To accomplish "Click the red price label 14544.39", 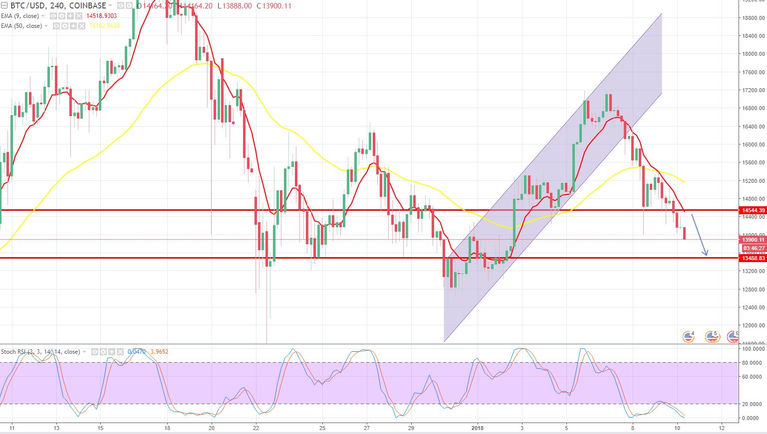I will point(753,210).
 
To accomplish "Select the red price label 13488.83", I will point(753,258).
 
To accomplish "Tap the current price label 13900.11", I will point(753,240).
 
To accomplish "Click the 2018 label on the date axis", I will point(478,428).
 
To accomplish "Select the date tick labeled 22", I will point(256,428).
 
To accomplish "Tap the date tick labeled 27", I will point(367,428).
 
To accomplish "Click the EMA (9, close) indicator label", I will point(20,16).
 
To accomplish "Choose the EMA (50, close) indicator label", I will point(21,26).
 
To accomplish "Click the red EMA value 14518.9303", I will point(102,16).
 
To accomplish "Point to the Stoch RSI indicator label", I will point(40,352).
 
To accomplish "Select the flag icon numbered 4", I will point(689,337).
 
